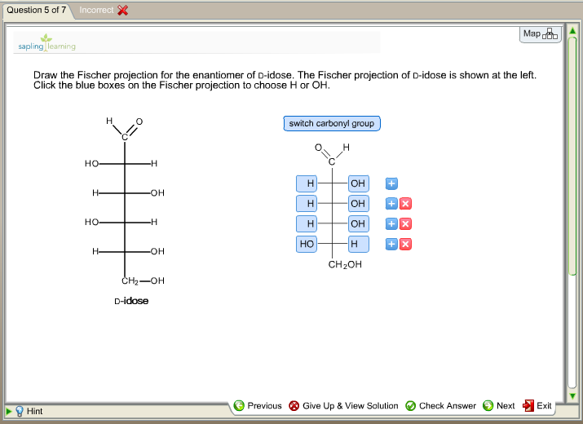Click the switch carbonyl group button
tap(332, 124)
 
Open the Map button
tap(540, 34)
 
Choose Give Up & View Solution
tap(343, 405)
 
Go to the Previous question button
tap(258, 405)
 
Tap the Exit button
tap(537, 405)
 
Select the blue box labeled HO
tap(307, 244)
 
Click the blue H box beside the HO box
tap(358, 244)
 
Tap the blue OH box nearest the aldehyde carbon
tap(358, 183)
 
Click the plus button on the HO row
tap(391, 244)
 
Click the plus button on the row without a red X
tap(391, 183)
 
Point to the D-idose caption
tap(131, 301)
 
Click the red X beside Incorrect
tap(122, 10)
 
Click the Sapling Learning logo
tap(46, 43)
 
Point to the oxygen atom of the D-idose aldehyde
tap(139, 121)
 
